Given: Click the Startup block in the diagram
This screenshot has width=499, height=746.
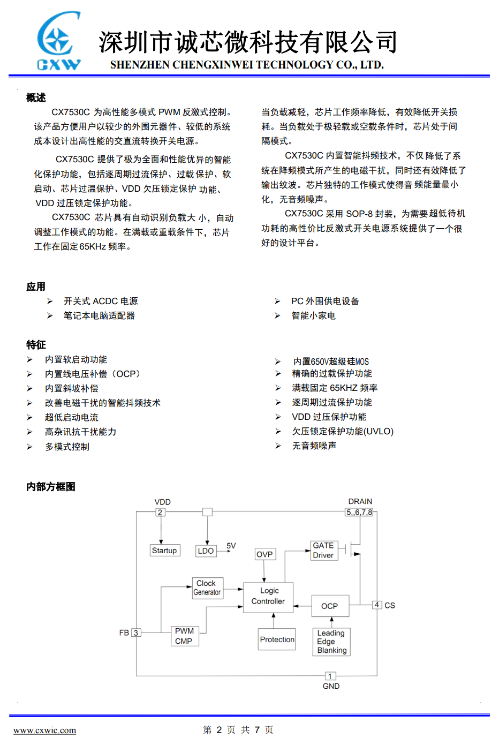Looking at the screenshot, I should click(164, 551).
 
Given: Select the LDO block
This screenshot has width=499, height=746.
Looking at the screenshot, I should click(206, 551).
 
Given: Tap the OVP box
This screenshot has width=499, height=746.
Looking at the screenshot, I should click(264, 554).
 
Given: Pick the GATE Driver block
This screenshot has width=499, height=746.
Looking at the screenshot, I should click(323, 551).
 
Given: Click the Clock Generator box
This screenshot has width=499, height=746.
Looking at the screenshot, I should click(207, 588).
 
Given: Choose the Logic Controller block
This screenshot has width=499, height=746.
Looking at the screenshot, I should click(269, 597).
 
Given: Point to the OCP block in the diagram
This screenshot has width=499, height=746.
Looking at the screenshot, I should click(330, 606).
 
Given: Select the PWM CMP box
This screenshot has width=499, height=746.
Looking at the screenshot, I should click(184, 636).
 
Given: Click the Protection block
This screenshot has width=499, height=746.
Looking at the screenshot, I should click(277, 639).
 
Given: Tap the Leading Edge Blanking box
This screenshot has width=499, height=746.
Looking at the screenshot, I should click(331, 642).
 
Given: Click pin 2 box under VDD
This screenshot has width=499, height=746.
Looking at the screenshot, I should click(160, 513).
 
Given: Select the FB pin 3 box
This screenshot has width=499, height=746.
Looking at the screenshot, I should click(136, 633).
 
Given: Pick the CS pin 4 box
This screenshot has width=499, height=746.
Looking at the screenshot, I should click(377, 605).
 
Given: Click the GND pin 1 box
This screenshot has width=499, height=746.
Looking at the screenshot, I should click(330, 676).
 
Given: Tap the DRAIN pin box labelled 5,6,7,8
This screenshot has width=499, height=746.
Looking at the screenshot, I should click(359, 513).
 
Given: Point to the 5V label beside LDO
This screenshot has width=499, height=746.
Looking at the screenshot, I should click(231, 546).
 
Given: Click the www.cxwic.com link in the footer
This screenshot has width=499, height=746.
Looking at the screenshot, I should click(44, 730).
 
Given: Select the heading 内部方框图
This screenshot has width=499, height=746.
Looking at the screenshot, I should click(51, 487).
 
